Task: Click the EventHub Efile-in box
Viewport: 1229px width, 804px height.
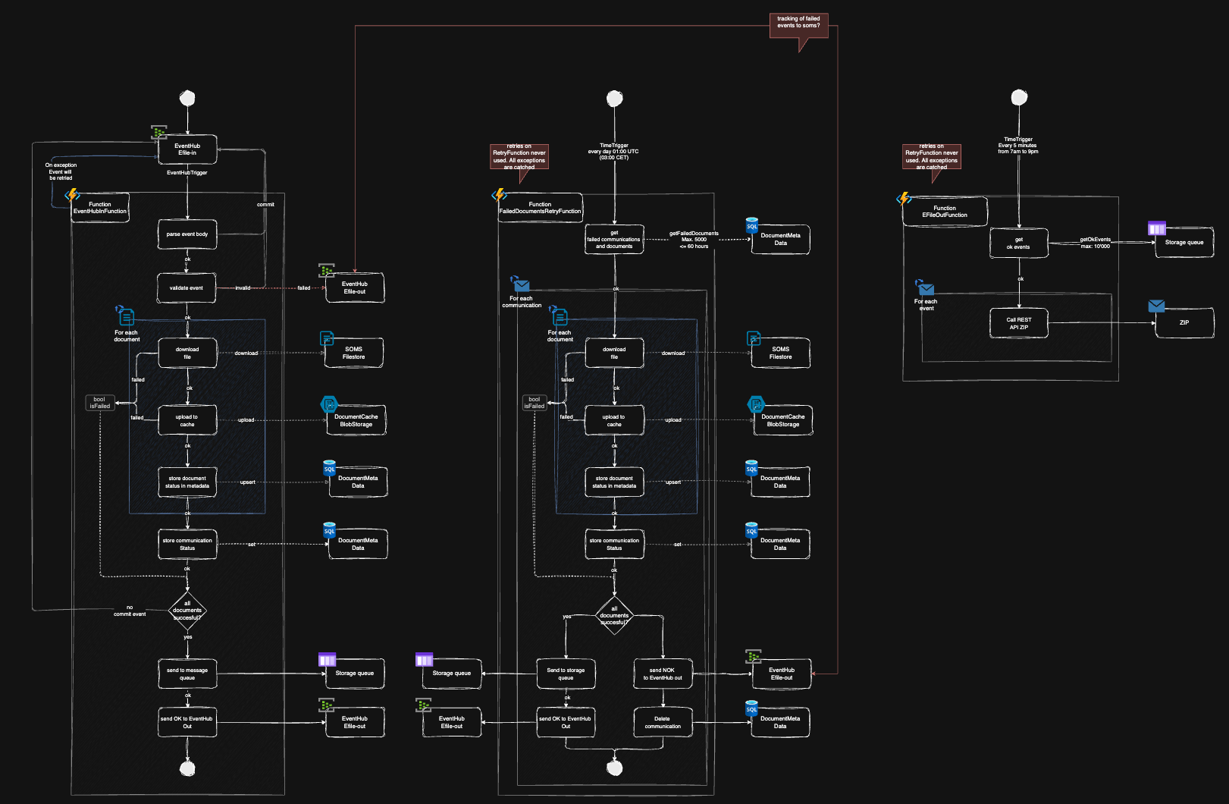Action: (187, 149)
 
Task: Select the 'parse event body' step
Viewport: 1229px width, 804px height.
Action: (187, 234)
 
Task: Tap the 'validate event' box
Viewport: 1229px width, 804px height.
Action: (187, 288)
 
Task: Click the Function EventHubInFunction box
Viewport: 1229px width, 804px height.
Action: (100, 207)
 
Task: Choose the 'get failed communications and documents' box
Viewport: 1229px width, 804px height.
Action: (614, 240)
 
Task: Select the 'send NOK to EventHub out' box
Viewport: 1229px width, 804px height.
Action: (663, 674)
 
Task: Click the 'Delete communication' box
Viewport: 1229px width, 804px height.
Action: (663, 722)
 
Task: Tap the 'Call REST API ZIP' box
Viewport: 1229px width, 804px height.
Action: (1019, 323)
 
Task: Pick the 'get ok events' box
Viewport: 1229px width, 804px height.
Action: (1019, 243)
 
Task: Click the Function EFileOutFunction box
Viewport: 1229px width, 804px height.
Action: (945, 212)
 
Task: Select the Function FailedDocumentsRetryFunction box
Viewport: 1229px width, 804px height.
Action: (540, 208)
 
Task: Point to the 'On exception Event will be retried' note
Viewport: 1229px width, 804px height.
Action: (61, 171)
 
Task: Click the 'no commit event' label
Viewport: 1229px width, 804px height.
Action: (130, 611)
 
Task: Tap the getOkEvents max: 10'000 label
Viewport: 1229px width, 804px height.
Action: (1095, 243)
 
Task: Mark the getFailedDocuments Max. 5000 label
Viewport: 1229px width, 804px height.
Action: (694, 240)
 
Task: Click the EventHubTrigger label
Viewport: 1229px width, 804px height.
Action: (187, 173)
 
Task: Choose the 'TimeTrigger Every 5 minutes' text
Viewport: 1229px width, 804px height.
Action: (1018, 145)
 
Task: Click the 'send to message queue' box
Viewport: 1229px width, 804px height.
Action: (187, 674)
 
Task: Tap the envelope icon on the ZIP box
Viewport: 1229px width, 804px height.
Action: (1156, 306)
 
